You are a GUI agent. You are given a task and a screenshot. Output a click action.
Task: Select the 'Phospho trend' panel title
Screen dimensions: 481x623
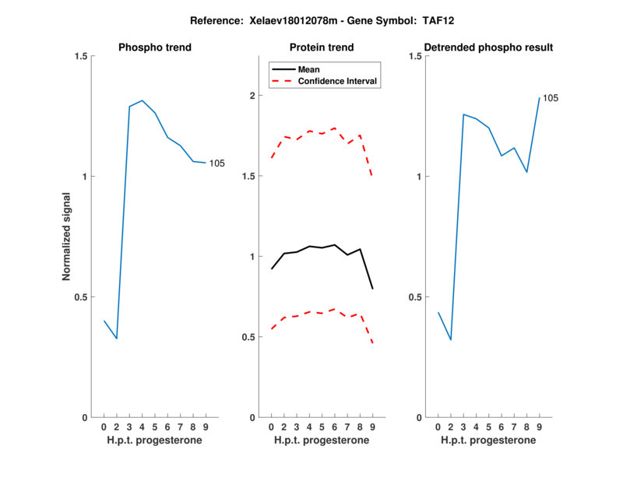155,47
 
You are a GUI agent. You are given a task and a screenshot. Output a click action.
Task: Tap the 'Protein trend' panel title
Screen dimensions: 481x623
322,47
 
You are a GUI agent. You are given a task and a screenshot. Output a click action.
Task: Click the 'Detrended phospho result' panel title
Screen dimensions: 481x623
489,47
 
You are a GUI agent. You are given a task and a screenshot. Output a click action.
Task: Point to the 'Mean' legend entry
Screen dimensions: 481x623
308,69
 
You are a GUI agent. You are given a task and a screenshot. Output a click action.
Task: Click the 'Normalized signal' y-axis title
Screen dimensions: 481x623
67,237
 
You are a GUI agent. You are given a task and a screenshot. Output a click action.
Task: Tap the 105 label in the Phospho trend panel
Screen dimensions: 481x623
217,163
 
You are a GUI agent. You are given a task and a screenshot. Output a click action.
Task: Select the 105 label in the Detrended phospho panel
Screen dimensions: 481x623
551,98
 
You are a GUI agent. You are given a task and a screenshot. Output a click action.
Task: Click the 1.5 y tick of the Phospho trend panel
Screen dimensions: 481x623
79,56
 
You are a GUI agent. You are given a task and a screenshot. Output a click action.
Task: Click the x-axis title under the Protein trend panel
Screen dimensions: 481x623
322,441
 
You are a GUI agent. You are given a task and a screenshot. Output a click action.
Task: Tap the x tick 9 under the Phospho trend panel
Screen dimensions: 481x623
205,427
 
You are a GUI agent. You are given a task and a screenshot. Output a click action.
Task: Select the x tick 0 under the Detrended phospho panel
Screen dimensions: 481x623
438,427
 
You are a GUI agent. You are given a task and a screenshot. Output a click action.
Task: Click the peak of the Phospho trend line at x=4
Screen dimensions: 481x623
142,100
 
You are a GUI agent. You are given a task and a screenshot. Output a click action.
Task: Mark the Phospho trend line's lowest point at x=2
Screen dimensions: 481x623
117,339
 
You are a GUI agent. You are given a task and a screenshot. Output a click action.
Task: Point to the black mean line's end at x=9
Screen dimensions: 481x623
372,289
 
